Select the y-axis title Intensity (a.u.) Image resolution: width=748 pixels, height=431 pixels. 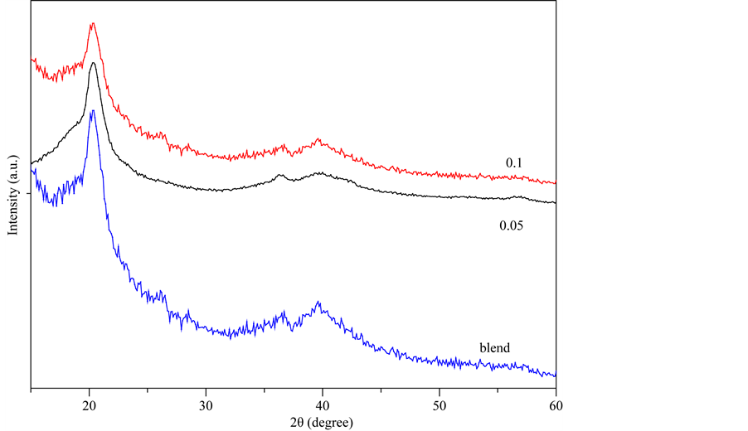13,192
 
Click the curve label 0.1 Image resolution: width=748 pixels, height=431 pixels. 515,162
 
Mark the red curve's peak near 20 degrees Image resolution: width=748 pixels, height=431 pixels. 92,24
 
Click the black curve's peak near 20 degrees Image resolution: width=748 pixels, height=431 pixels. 93,63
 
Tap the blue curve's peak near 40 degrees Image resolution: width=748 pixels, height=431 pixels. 318,303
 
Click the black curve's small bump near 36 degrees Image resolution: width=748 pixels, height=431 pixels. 279,176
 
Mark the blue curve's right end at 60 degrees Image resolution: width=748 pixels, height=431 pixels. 554,375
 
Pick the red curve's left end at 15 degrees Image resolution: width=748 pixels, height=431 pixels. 32,60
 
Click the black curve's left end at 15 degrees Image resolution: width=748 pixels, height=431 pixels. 32,163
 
